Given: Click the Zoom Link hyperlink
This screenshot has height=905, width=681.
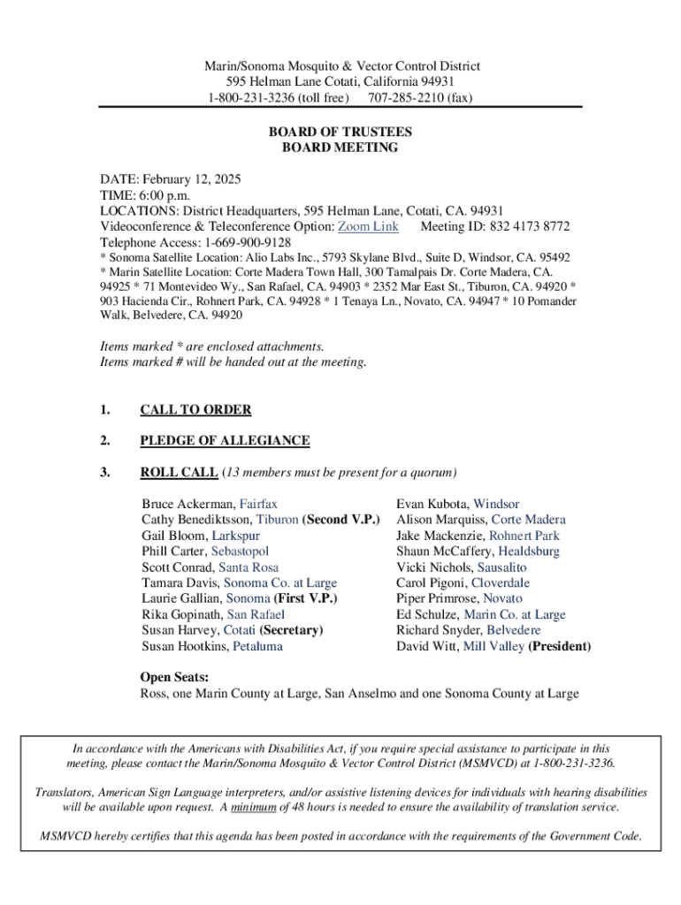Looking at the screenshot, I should point(368,226).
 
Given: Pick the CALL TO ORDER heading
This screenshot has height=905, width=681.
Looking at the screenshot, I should point(195,410).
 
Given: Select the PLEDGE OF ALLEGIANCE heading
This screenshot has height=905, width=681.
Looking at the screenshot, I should point(225,440).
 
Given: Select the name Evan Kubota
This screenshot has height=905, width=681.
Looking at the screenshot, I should point(432,504).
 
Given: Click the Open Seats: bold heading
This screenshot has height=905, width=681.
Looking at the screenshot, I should point(174,678).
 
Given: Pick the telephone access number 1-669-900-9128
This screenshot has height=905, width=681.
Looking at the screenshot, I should point(248,242).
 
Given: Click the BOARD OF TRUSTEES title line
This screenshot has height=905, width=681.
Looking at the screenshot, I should point(340,132).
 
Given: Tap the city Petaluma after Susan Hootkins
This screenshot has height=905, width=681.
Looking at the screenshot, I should point(258,646).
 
